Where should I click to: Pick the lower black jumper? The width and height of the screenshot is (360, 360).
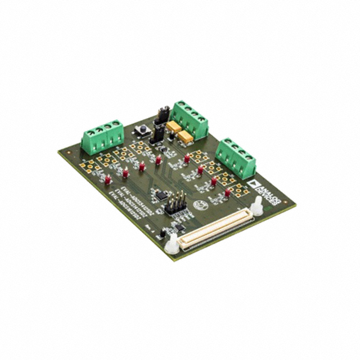tap(159, 133)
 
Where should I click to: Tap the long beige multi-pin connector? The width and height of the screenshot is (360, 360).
tap(213, 228)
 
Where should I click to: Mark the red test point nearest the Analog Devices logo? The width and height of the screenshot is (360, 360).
tap(227, 192)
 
